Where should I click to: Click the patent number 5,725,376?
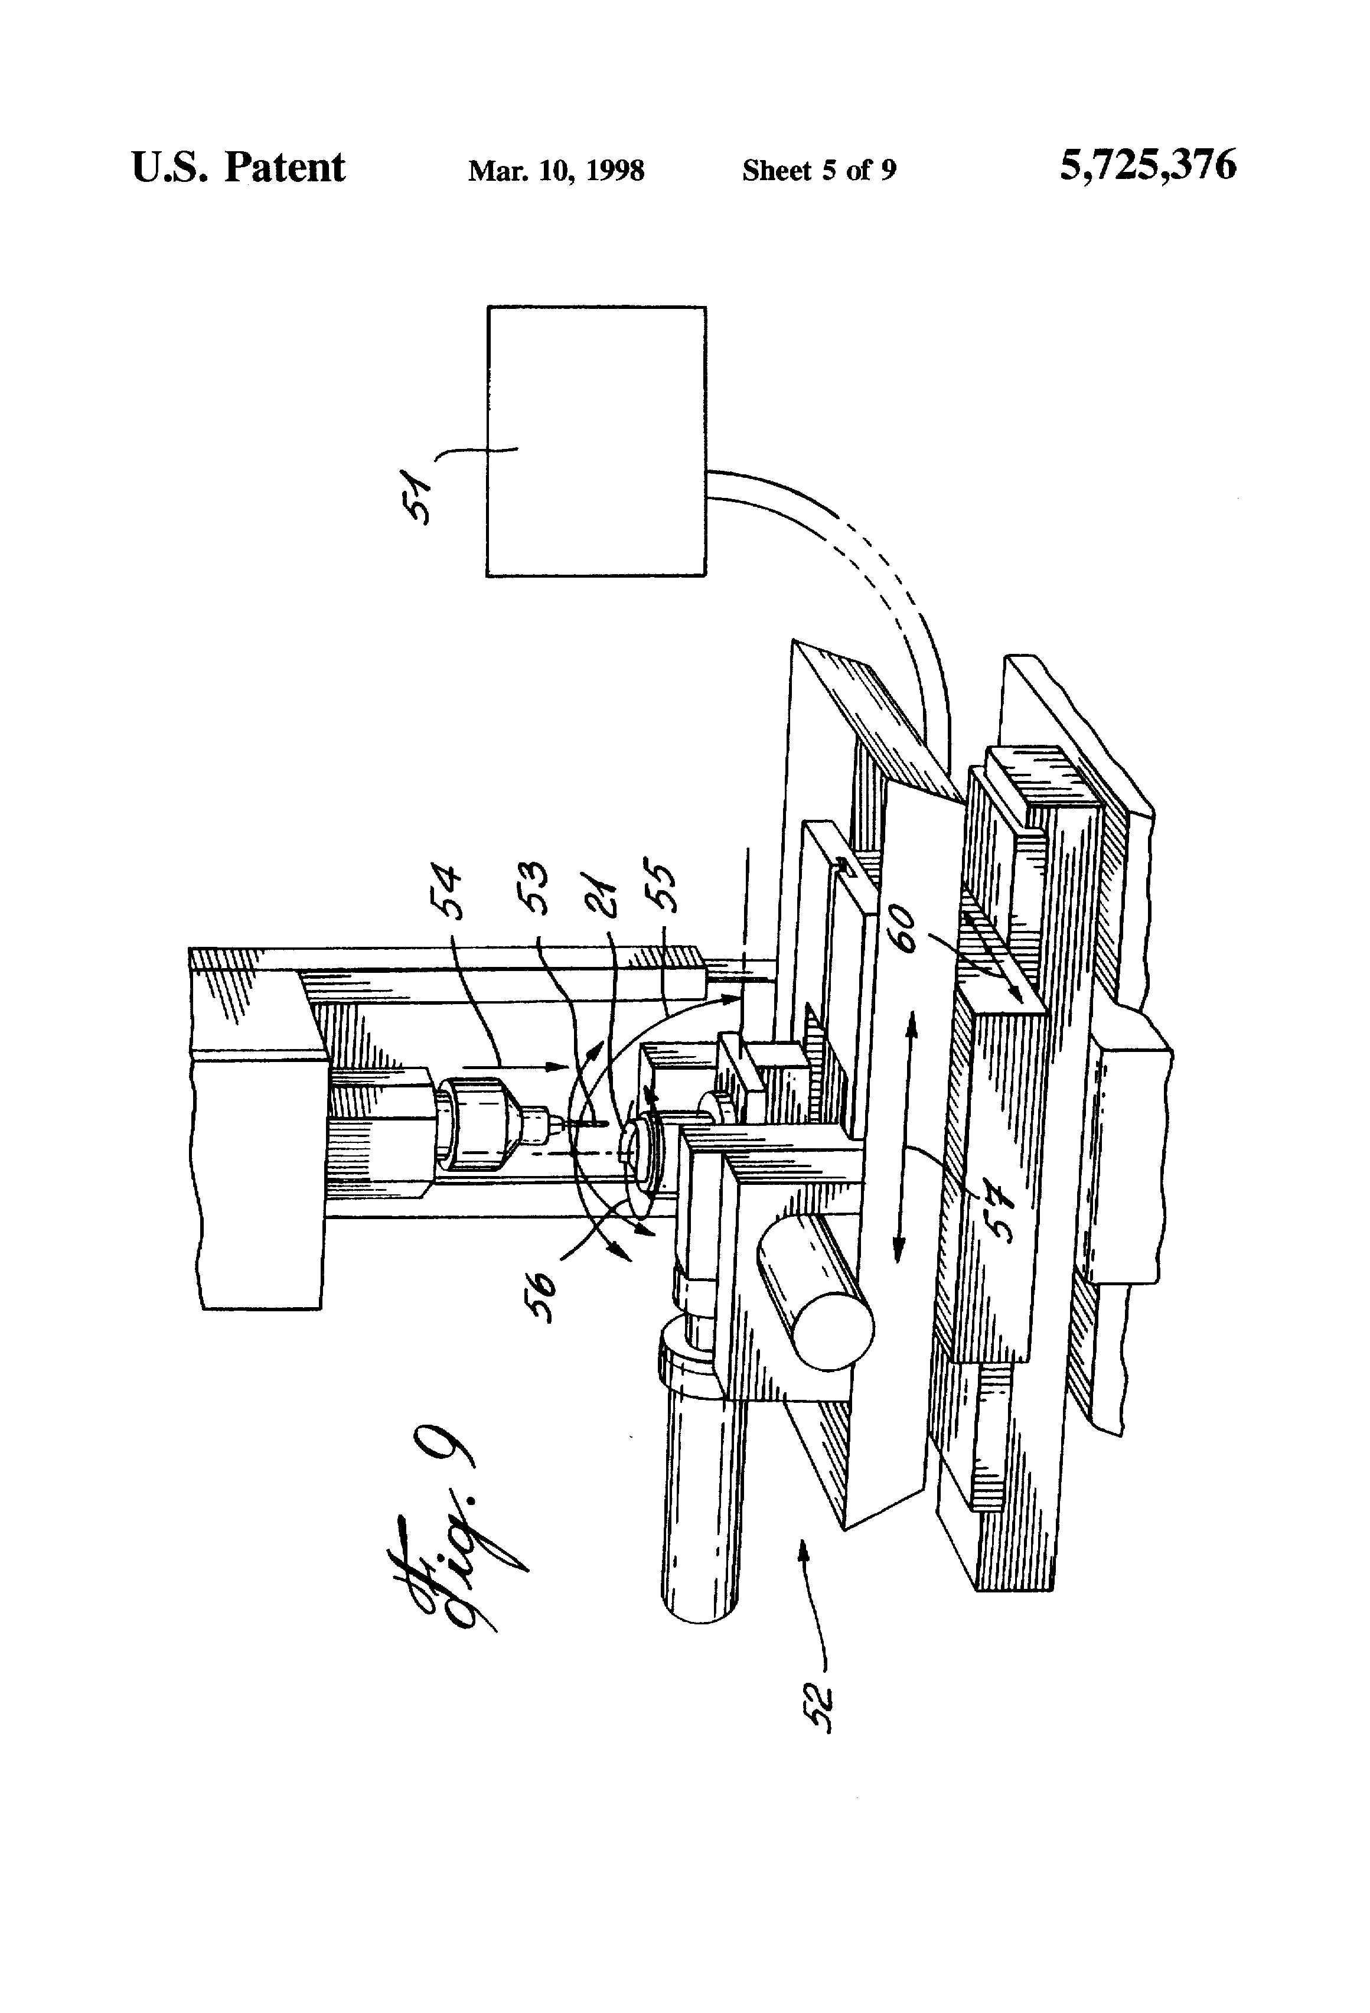[1147, 165]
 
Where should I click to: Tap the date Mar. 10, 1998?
[556, 171]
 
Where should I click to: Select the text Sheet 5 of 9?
[818, 171]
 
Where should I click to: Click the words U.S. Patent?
[238, 167]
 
